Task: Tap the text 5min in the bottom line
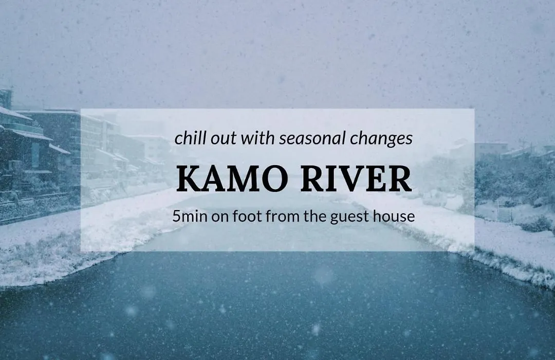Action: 190,216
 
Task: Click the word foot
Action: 248,216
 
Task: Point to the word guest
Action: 350,217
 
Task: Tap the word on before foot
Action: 220,217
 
